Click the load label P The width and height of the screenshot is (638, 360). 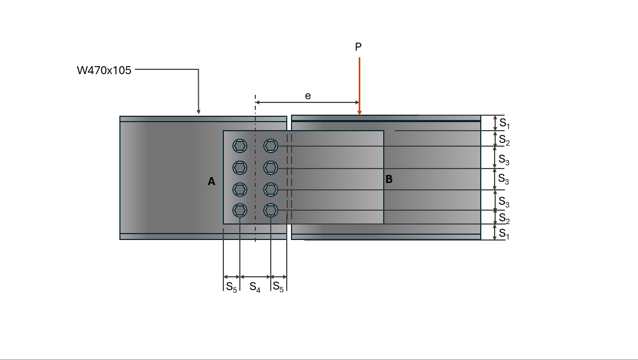tap(358, 47)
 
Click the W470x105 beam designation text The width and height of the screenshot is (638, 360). tap(104, 70)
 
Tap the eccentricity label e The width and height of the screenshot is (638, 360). tap(308, 95)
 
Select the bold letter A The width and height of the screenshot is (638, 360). tap(211, 182)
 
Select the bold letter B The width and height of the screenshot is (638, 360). tap(389, 179)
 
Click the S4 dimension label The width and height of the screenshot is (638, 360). tap(255, 287)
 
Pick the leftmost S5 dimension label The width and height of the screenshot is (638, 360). tap(231, 287)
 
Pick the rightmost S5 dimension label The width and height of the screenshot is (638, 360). tap(278, 286)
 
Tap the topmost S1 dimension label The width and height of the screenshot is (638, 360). tap(505, 123)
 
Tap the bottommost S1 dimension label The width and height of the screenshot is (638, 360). tap(504, 234)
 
